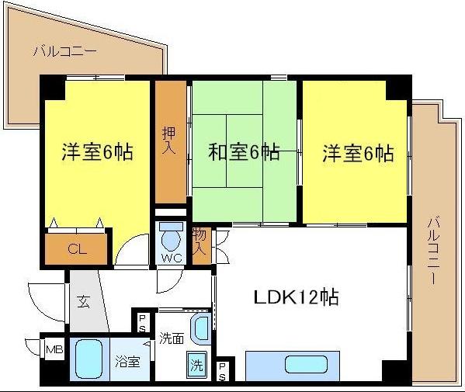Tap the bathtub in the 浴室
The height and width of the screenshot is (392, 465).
(88, 359)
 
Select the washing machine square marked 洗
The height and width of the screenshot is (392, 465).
(197, 364)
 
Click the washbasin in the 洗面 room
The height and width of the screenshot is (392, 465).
(201, 328)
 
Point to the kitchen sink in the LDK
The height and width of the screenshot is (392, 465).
(306, 364)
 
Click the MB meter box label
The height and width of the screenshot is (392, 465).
(54, 350)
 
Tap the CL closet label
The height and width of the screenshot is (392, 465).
(77, 249)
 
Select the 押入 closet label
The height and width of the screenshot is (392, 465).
(169, 140)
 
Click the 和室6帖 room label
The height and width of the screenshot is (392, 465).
(244, 152)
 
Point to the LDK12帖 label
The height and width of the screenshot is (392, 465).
(296, 297)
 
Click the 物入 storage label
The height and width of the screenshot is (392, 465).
(200, 242)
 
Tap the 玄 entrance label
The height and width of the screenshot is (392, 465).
(83, 301)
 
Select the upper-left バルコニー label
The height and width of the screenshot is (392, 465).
(64, 51)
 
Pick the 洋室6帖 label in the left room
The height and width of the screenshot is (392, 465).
(97, 152)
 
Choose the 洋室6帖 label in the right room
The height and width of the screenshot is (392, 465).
(358, 153)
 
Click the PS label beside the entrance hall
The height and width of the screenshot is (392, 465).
(142, 323)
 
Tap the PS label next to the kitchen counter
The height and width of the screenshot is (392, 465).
(222, 372)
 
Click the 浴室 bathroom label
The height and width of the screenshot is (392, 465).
(127, 362)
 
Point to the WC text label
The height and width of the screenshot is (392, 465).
(172, 258)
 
